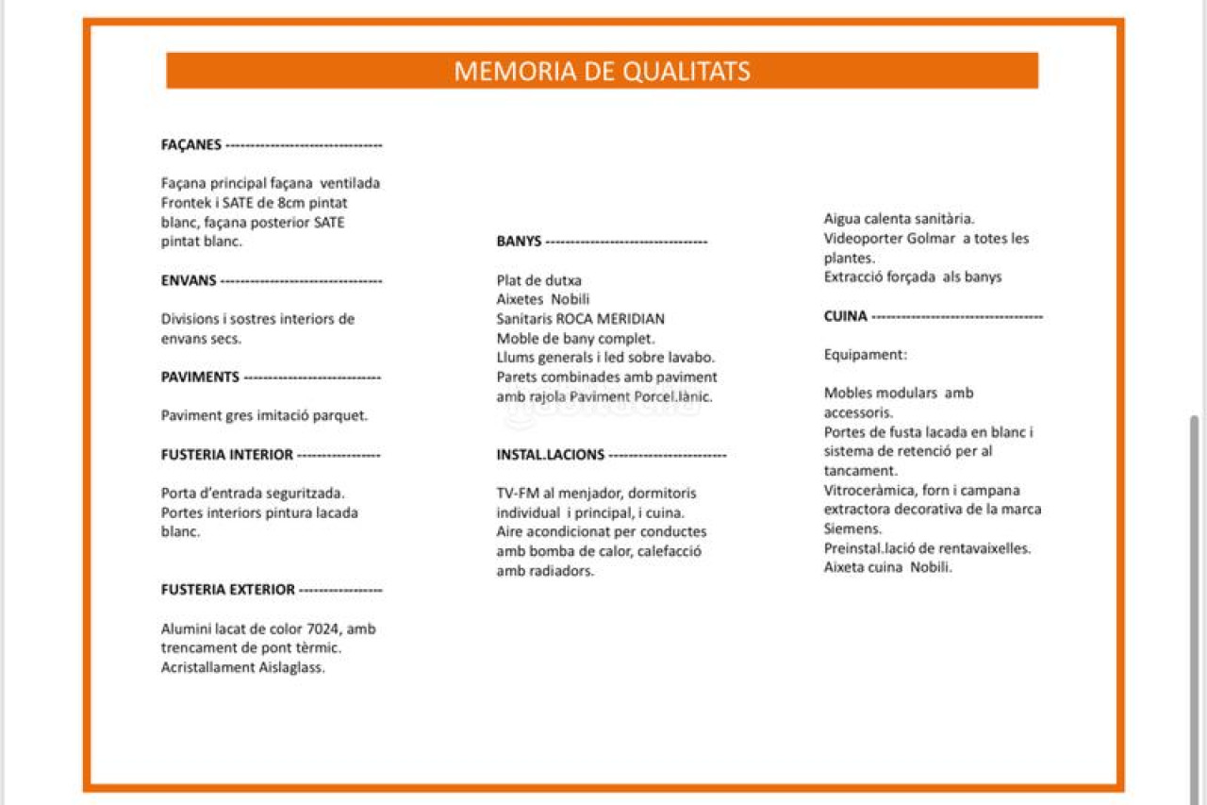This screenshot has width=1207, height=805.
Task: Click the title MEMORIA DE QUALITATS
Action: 602,71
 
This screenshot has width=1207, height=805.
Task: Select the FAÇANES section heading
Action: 191,145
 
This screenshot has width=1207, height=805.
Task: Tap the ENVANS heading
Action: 189,280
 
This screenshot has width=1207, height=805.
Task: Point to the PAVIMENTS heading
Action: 200,377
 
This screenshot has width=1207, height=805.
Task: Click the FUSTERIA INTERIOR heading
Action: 227,455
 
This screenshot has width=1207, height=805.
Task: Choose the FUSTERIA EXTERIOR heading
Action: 228,590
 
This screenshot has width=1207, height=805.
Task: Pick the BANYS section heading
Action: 519,242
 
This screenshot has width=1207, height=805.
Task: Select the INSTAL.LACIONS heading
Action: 551,455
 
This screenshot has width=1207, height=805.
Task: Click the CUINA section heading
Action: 845,316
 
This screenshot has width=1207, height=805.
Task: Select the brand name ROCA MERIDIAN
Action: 610,319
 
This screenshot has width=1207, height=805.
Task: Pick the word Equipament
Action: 865,355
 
